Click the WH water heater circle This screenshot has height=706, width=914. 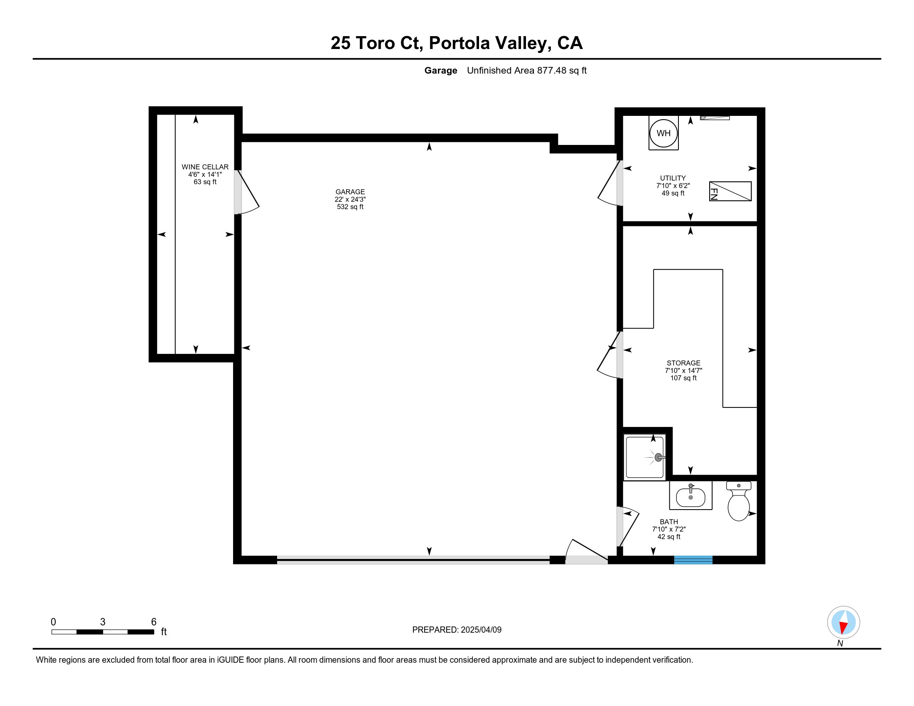(x=663, y=133)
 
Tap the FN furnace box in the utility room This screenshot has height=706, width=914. (x=730, y=191)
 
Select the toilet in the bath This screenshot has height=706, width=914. (x=739, y=501)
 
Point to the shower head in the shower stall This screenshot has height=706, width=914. (x=659, y=457)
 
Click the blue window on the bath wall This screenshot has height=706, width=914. (x=693, y=560)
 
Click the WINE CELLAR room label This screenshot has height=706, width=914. (x=205, y=167)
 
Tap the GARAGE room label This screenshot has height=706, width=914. (x=350, y=192)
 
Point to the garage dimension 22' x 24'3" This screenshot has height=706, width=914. (x=350, y=199)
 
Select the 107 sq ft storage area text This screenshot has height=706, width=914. (x=683, y=378)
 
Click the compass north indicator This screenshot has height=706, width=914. (x=843, y=622)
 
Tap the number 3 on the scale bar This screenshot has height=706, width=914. (x=103, y=622)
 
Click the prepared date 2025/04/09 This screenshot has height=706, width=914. (x=481, y=630)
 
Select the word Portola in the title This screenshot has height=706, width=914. (x=459, y=43)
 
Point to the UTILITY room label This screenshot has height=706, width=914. (x=673, y=178)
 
